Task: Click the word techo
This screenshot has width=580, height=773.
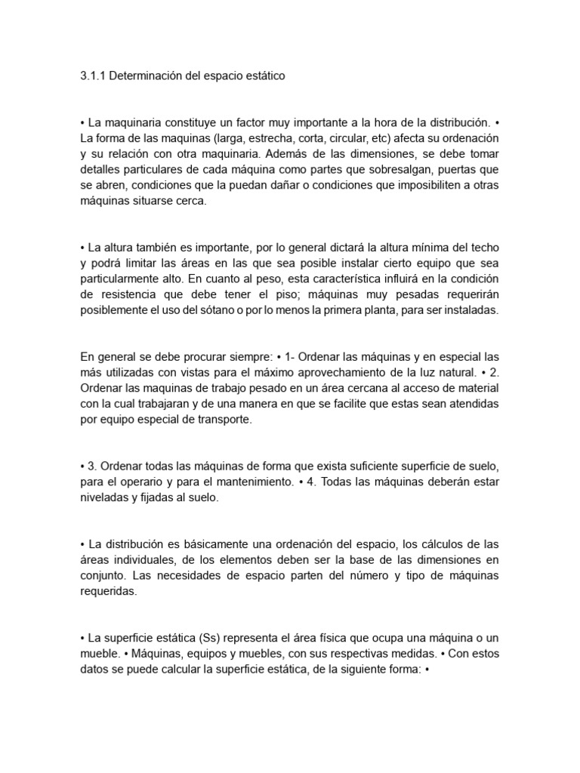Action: pos(483,248)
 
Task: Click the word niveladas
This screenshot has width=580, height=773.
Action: pos(105,497)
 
